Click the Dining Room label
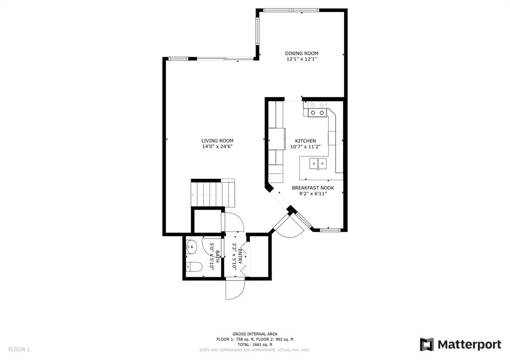coord(301,53)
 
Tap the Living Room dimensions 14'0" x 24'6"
coord(217,147)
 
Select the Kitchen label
coord(305,141)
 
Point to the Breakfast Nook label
coord(313,188)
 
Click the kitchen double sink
coord(318,163)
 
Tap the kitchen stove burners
coord(317,109)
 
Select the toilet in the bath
coord(194,267)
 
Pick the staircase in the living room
coord(213,194)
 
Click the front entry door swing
coord(235,289)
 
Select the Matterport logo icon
coord(427,345)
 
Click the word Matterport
coord(469,345)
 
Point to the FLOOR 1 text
coord(19,350)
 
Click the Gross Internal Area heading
coord(255,334)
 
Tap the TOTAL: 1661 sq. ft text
coord(255,345)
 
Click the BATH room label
coord(217,256)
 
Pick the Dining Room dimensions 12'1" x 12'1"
coord(301,59)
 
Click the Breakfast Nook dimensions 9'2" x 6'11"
coord(313,194)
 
